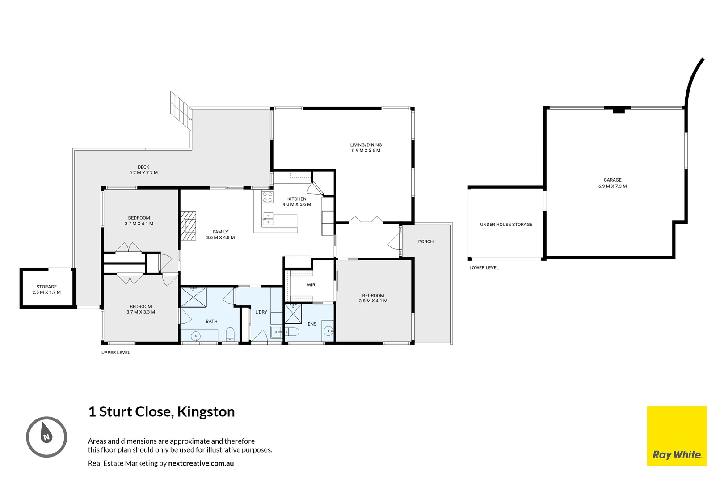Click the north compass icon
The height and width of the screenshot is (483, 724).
[46, 436]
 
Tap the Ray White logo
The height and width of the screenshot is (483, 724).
[677, 436]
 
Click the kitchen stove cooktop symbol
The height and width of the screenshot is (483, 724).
[268, 197]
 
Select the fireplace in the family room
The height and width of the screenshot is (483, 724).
[188, 226]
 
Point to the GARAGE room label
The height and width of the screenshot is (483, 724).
[612, 180]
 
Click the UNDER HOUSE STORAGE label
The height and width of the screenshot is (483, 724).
[506, 225]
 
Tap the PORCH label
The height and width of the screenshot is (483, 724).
[425, 241]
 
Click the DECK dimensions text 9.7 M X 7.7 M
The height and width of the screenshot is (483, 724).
[143, 173]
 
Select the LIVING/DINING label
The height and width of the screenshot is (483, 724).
[366, 145]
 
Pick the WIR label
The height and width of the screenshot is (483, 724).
[311, 285]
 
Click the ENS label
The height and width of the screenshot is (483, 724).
[312, 324]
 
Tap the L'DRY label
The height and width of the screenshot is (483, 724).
[261, 312]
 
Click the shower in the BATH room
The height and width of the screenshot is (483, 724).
[194, 297]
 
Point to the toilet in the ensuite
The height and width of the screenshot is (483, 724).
[291, 332]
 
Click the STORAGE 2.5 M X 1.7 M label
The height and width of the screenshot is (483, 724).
[46, 290]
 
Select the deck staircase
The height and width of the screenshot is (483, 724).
[181, 109]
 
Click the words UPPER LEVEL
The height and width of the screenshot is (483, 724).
[116, 352]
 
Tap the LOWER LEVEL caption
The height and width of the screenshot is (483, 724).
[484, 267]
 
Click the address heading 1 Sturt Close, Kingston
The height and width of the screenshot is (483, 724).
[161, 411]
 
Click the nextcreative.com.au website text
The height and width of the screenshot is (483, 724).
[201, 463]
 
